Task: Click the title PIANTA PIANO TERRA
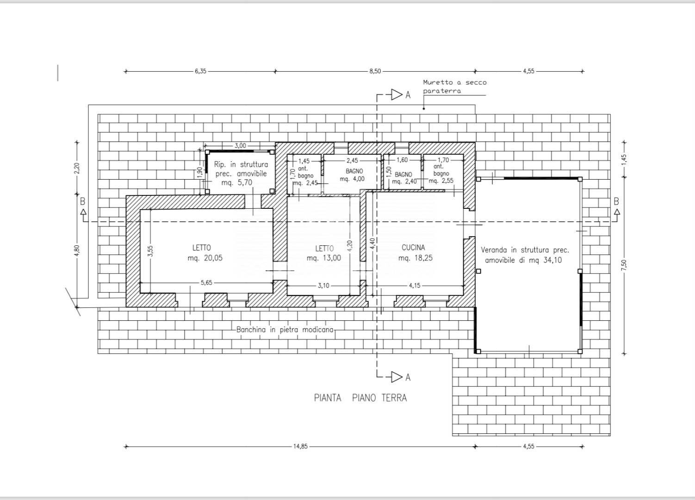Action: [360, 398]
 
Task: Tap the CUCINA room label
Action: [413, 248]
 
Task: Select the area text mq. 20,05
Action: [205, 258]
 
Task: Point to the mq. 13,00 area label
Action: [323, 258]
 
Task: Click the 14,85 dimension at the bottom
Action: [300, 446]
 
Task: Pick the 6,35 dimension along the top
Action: [200, 71]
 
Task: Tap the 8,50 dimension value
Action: [375, 71]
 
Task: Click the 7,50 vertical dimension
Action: [624, 265]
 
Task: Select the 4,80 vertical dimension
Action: [77, 251]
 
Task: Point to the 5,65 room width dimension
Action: [206, 282]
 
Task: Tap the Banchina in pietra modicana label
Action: [285, 330]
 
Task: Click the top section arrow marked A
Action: [397, 95]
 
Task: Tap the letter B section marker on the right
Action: [616, 202]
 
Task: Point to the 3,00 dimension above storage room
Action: [240, 145]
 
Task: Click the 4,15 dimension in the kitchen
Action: [415, 286]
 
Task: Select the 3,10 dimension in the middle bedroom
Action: [323, 286]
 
